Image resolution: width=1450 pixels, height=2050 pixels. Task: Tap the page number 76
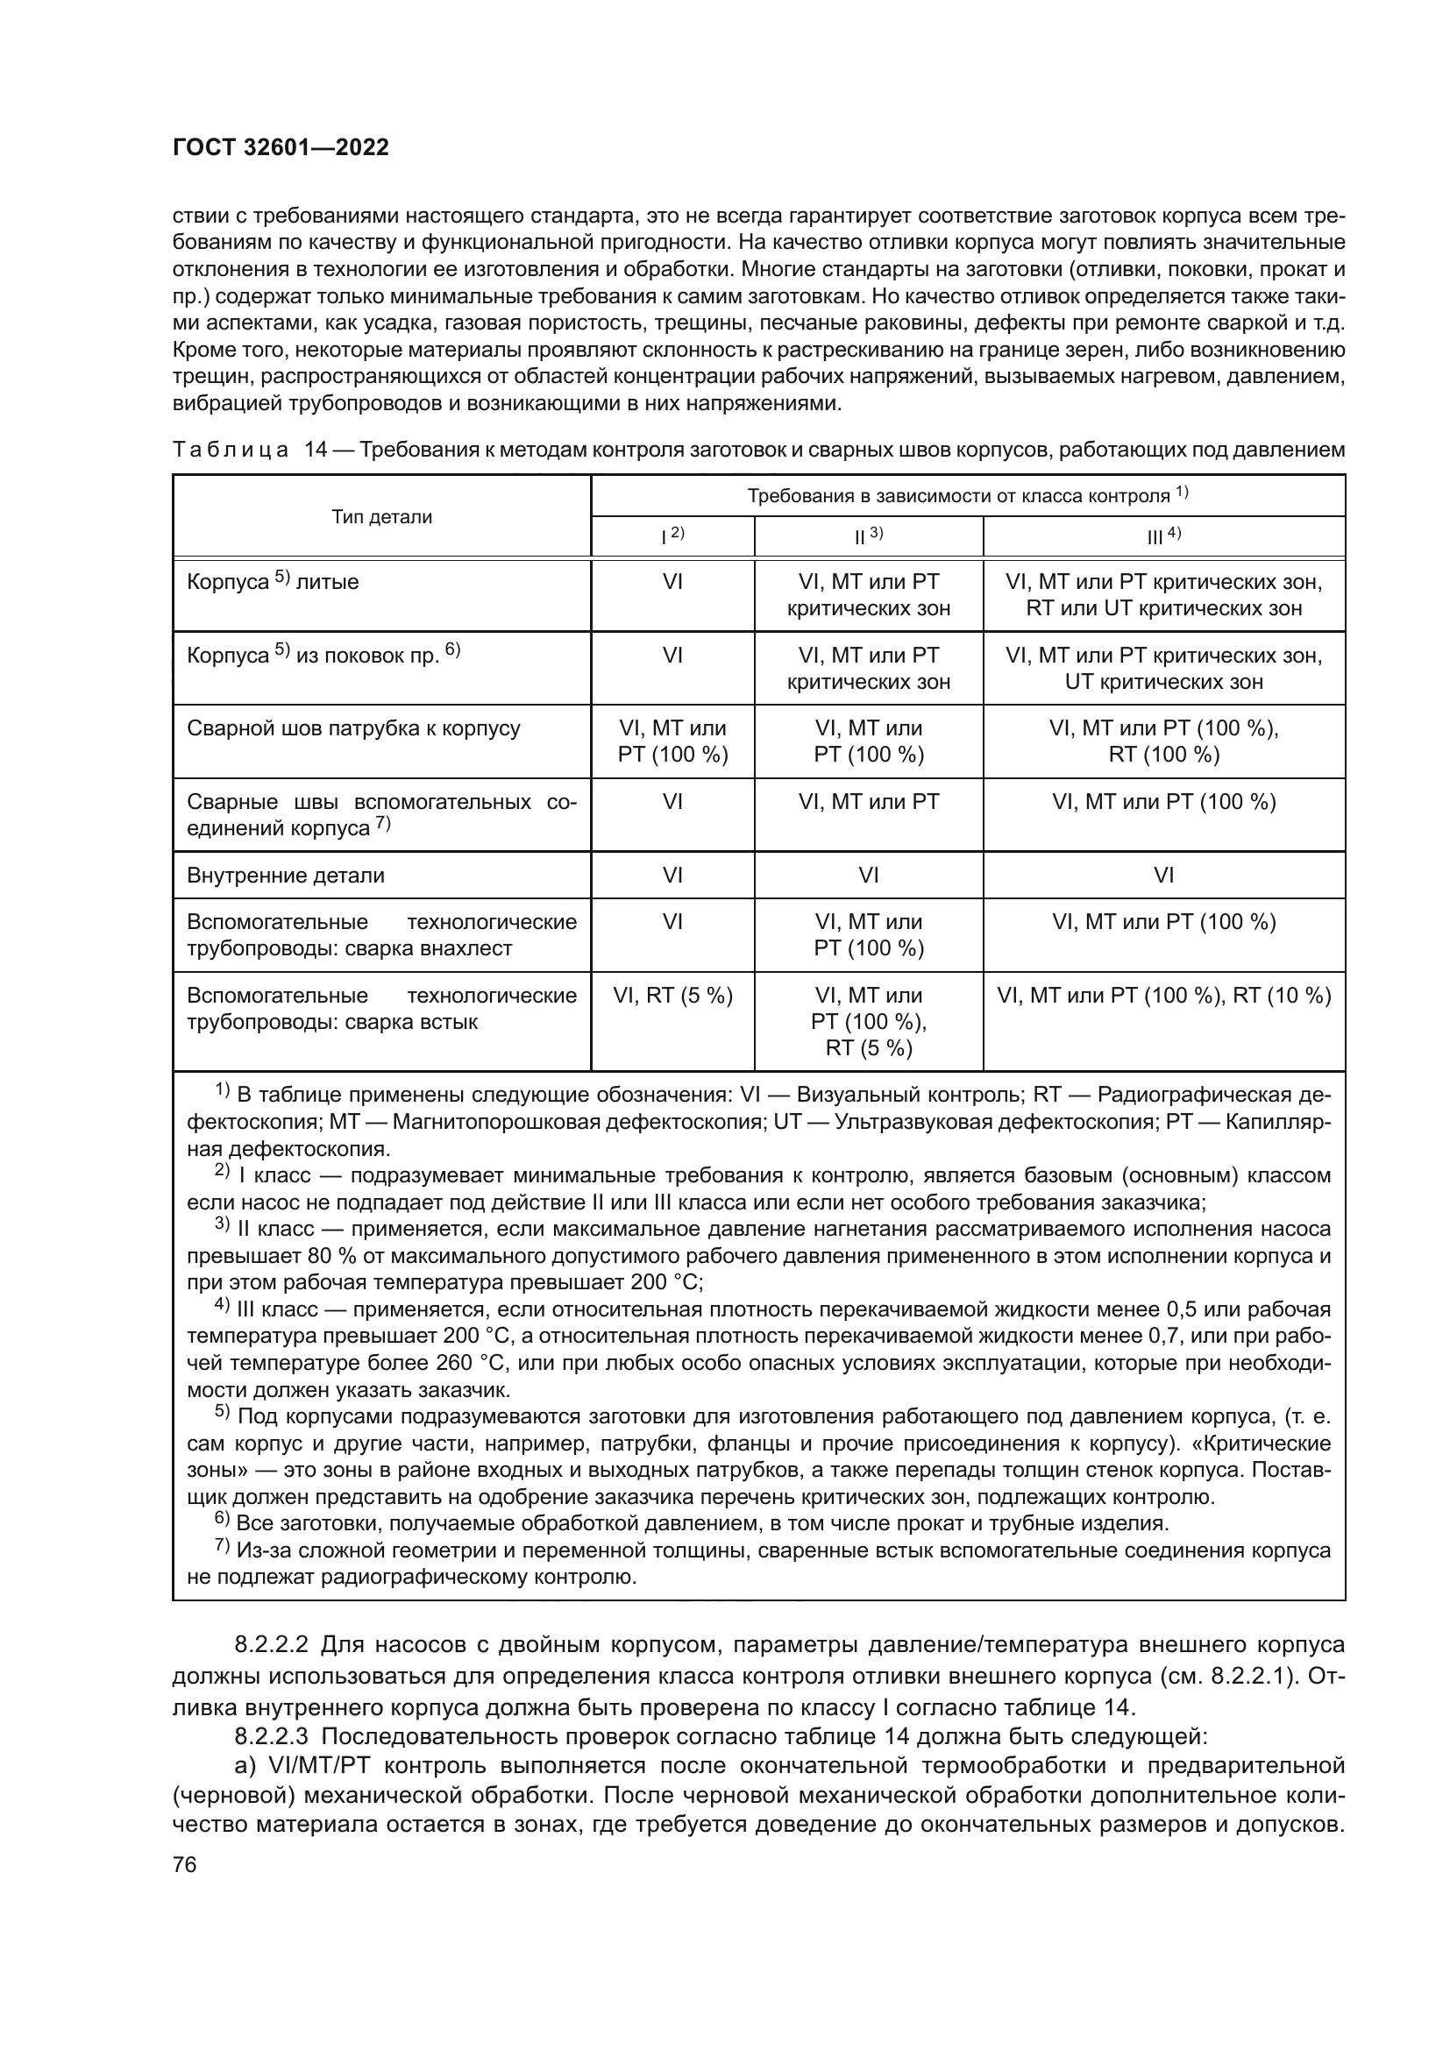185,1864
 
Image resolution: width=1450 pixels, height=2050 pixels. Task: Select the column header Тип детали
381,517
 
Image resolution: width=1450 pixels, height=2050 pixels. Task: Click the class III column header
1163,536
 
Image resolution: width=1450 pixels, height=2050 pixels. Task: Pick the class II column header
868,536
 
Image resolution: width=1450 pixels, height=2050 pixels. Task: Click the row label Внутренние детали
286,875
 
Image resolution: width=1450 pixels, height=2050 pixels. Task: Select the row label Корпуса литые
274,582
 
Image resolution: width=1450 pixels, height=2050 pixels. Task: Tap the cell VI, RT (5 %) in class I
672,996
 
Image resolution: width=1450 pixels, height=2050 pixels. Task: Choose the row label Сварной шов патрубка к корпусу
353,728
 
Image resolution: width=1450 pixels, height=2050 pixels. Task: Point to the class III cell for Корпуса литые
1163,595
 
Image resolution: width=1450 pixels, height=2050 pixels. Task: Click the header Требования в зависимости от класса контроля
967,496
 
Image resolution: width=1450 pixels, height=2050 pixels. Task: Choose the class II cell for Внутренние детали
868,875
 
